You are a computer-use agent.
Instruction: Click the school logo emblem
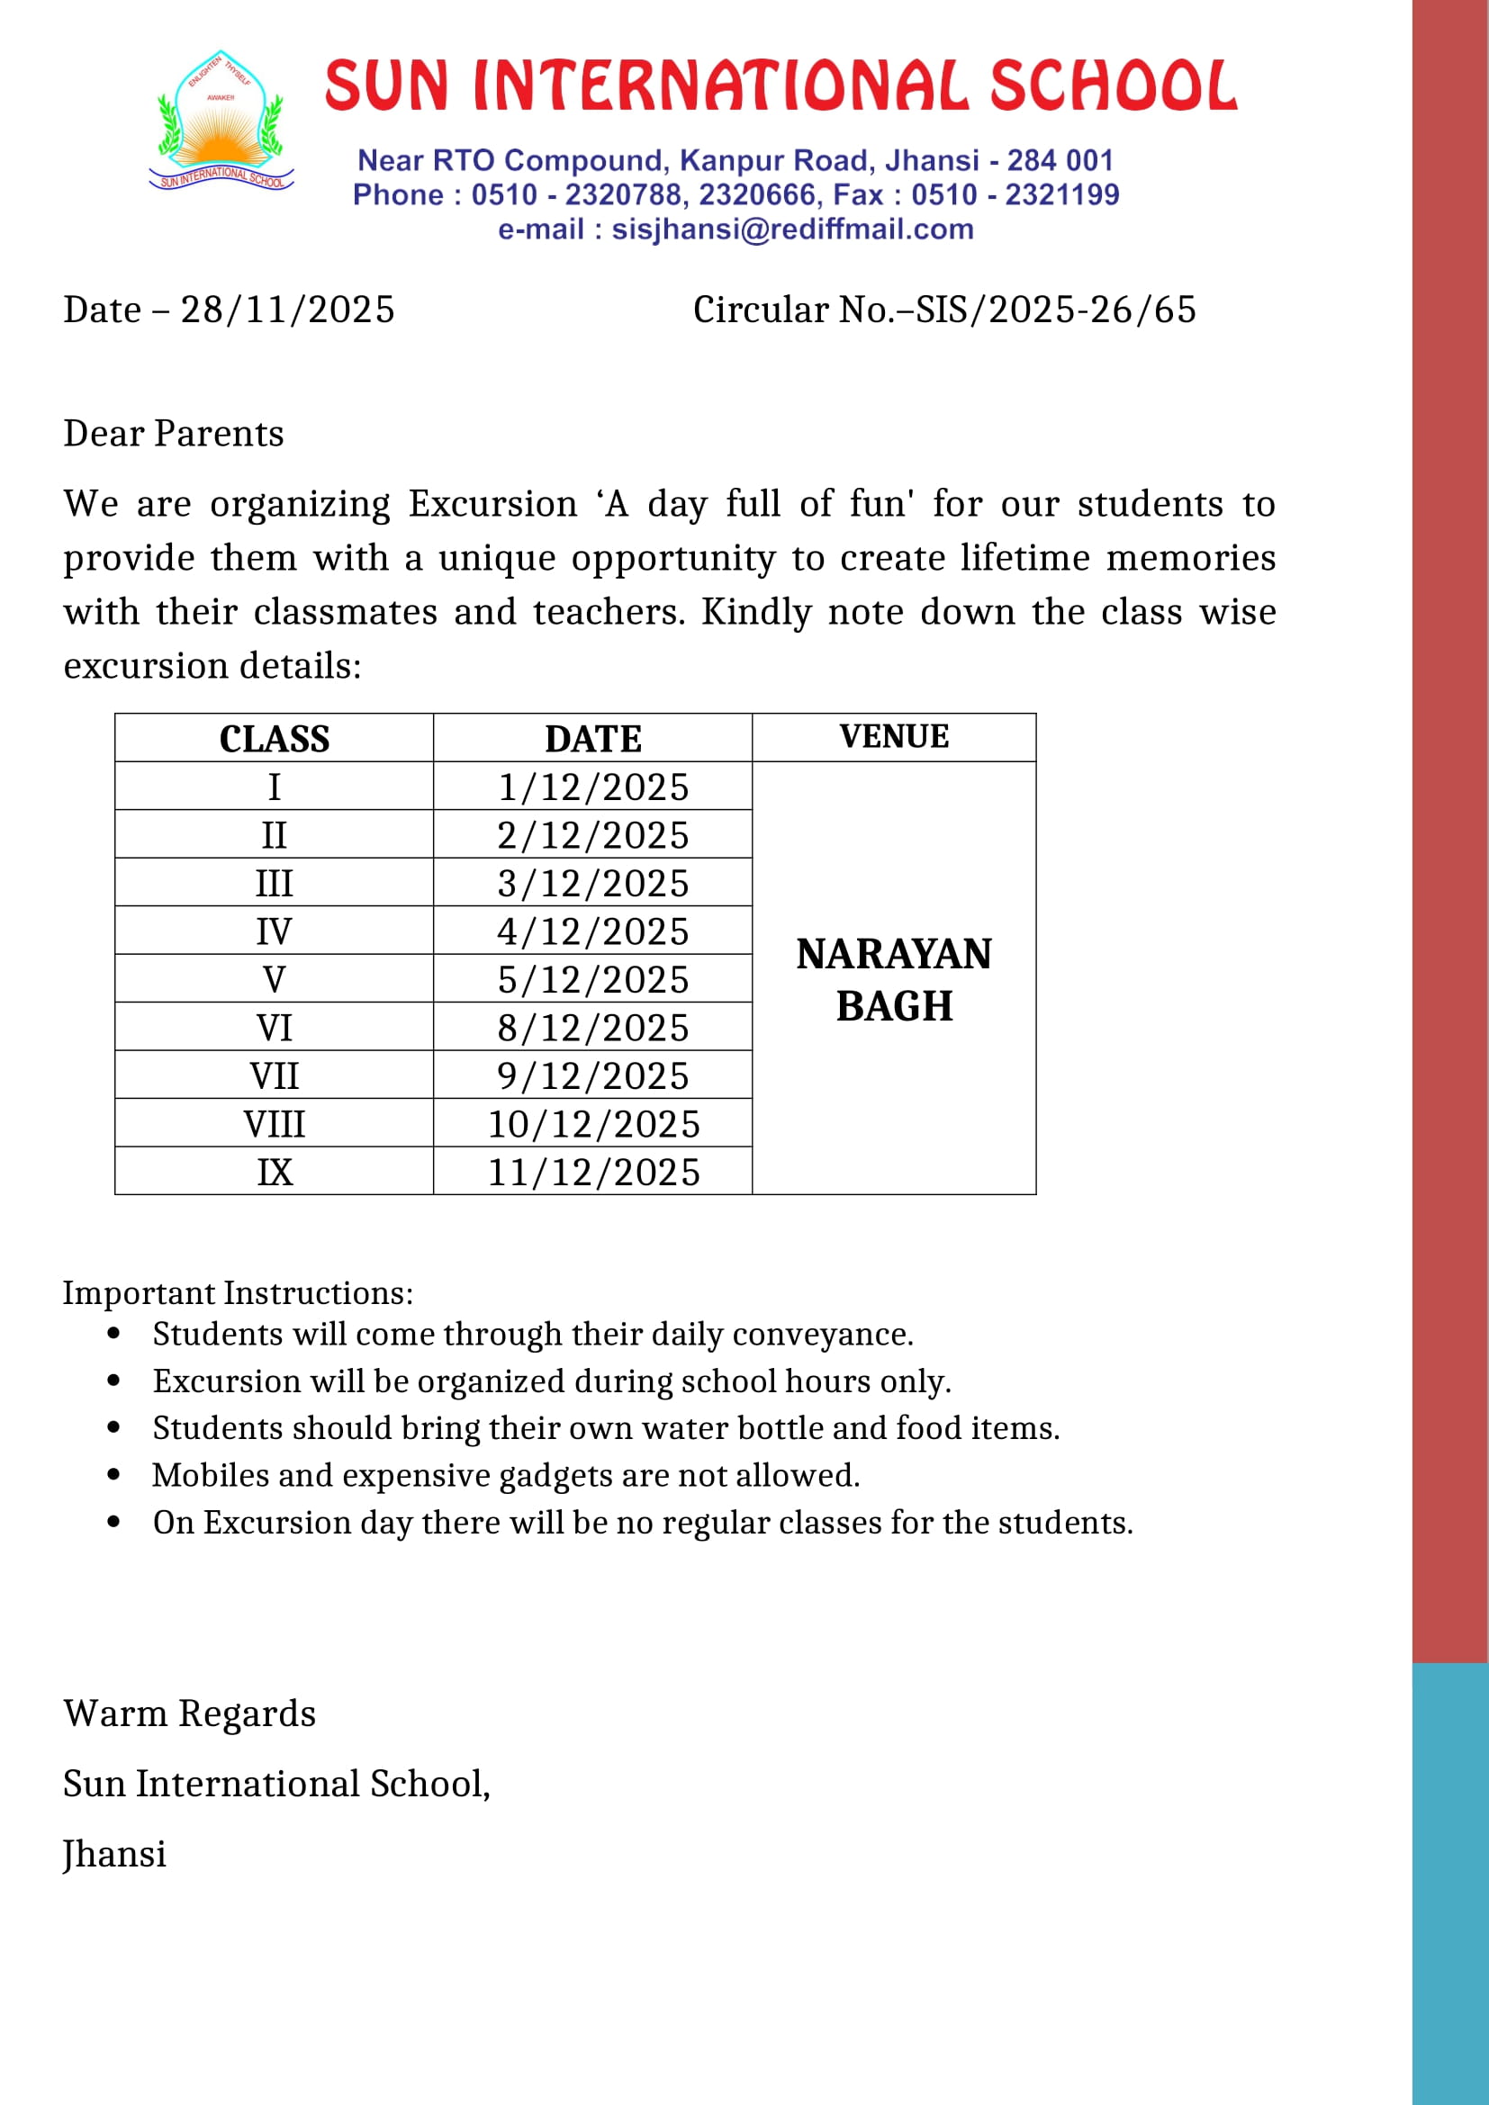coord(221,121)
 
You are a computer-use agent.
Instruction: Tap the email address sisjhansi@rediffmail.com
coord(792,229)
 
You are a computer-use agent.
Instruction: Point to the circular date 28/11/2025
coord(287,310)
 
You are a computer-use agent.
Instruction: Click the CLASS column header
coord(275,739)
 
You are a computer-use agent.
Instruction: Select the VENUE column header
coord(894,737)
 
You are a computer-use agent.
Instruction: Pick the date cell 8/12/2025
coord(593,1028)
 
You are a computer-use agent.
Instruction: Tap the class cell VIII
coord(275,1124)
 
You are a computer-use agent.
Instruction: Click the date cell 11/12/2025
coord(593,1173)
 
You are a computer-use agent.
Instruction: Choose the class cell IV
coord(275,931)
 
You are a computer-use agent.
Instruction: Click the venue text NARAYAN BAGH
coord(894,980)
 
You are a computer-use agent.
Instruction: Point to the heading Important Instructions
coord(238,1292)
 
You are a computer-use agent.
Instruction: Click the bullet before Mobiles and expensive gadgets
coord(113,1475)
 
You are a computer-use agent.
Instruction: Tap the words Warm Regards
coord(190,1714)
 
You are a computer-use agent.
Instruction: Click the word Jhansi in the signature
coord(114,1854)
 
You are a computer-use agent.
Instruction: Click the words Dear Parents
coord(173,434)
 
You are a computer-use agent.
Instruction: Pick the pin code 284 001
coord(1060,161)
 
